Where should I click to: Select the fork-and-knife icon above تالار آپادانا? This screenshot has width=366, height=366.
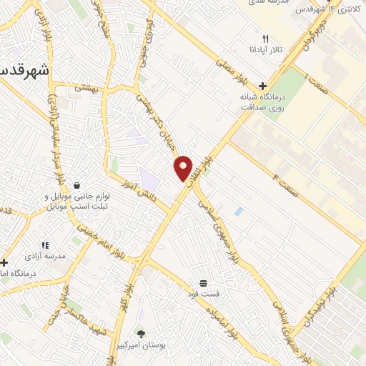[x=265, y=39]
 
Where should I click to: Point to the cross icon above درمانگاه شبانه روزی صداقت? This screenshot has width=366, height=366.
[x=263, y=85]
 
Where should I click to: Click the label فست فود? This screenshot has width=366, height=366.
[x=214, y=294]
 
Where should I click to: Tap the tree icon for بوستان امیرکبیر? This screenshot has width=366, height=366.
[x=141, y=333]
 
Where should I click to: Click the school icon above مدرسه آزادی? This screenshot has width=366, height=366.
[x=45, y=245]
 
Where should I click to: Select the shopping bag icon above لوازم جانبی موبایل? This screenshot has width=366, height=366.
[x=76, y=184]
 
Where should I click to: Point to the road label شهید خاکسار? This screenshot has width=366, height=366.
[x=86, y=315]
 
